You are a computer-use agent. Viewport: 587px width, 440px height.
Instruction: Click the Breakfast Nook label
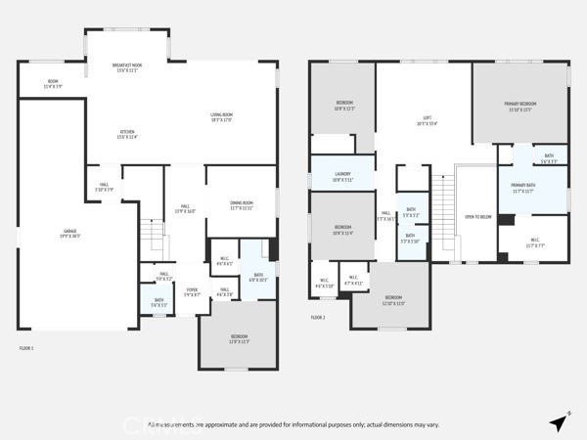pyautogui.click(x=128, y=66)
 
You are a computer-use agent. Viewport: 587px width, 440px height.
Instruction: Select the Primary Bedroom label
pyautogui.click(x=520, y=105)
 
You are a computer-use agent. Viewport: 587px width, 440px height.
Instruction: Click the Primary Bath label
pyautogui.click(x=529, y=187)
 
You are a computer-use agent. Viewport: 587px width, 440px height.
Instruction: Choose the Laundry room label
pyautogui.click(x=342, y=176)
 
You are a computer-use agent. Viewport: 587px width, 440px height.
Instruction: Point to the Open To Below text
pyautogui.click(x=477, y=217)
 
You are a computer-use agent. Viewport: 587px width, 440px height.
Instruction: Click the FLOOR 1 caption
pyautogui.click(x=27, y=348)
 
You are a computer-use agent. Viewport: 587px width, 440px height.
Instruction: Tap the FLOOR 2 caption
pyautogui.click(x=318, y=318)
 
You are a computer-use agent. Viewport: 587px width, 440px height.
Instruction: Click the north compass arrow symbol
pyautogui.click(x=559, y=422)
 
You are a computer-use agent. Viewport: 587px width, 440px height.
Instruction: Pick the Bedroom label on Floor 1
pyautogui.click(x=239, y=339)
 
